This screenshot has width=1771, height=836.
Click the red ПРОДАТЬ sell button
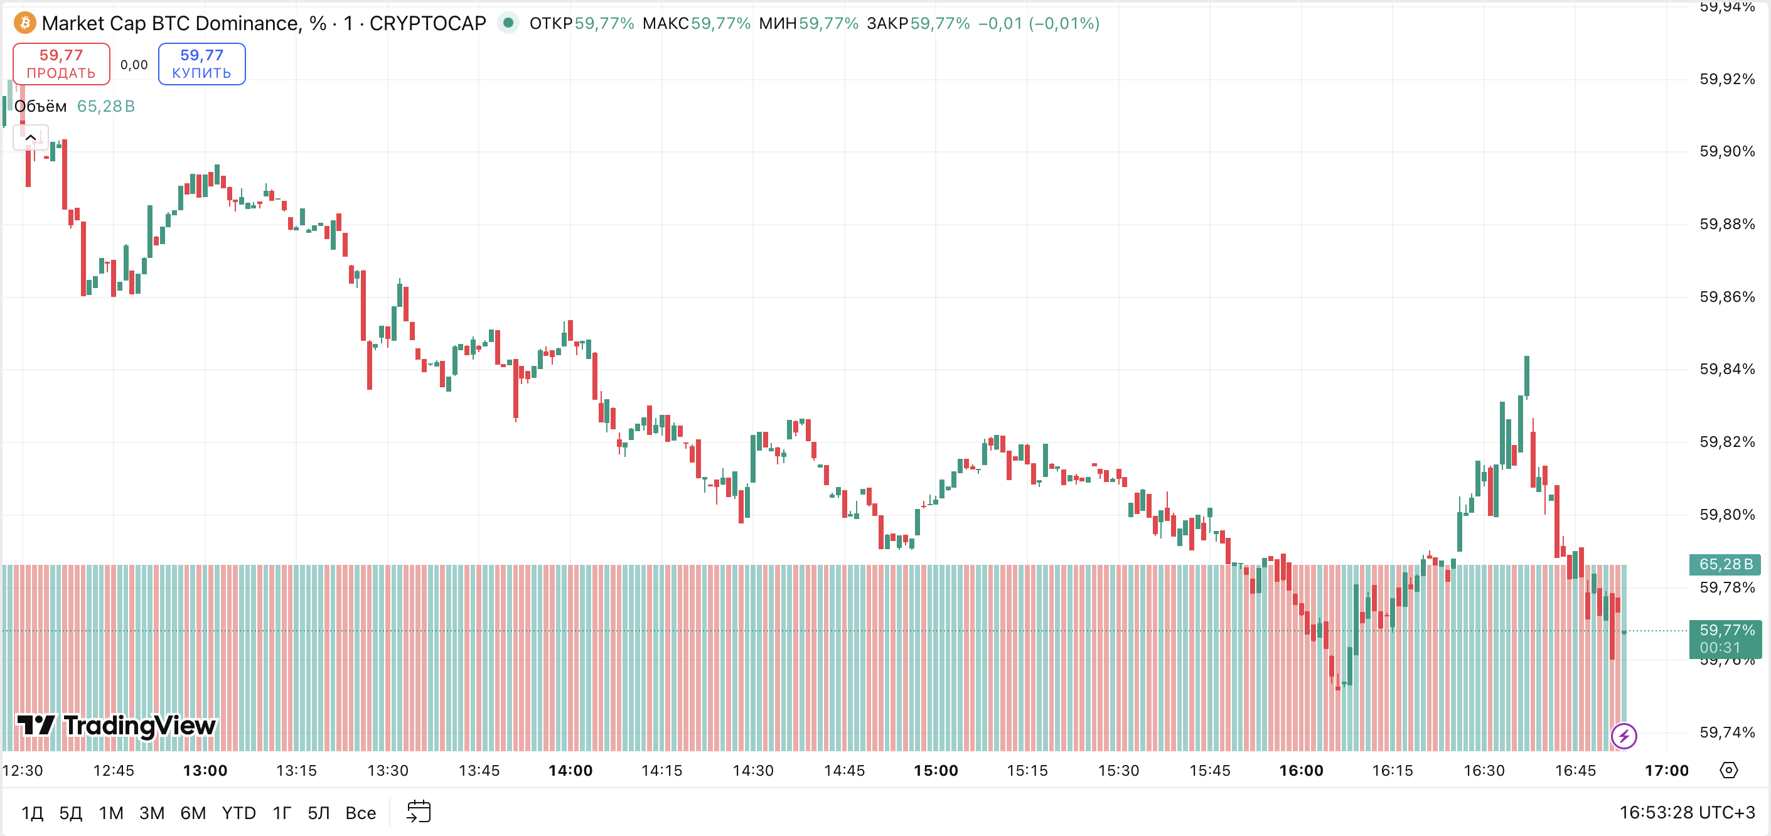coord(61,64)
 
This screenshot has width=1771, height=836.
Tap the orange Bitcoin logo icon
coord(24,23)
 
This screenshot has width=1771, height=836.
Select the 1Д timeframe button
coord(31,813)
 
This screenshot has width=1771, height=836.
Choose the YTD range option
coord(238,813)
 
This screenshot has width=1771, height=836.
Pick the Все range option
coord(360,813)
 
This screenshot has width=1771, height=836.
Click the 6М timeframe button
coord(193,813)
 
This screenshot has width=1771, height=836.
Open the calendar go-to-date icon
coord(418,812)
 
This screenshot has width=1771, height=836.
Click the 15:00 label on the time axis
coord(936,771)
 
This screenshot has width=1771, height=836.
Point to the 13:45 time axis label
coord(479,771)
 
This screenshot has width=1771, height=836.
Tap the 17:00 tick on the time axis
coord(1666,771)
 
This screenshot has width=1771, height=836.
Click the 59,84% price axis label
coord(1726,369)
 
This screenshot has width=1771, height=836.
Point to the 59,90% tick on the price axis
coord(1726,151)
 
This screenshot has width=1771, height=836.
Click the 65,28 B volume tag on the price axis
coord(1725,564)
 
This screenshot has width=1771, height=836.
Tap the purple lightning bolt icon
coord(1624,736)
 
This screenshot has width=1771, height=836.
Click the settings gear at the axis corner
coord(1728,770)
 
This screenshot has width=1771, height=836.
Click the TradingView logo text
coord(116,726)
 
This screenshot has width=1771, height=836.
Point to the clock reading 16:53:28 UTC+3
coord(1686,813)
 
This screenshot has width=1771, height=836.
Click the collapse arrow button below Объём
coord(30,137)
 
